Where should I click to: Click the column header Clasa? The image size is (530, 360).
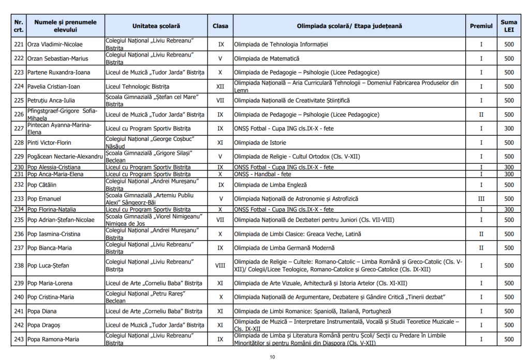[220, 26]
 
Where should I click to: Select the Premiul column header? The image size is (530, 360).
[481, 26]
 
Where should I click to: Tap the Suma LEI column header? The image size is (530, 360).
[509, 26]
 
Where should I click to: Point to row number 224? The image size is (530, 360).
[19, 87]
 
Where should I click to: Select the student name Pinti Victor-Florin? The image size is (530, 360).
[49, 142]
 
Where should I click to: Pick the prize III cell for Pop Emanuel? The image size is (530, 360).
[481, 198]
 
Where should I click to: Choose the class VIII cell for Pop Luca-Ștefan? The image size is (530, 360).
[220, 266]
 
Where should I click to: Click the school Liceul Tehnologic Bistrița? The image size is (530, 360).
[137, 87]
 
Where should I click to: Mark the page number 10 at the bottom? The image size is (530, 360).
[272, 356]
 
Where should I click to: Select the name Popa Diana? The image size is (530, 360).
[42, 311]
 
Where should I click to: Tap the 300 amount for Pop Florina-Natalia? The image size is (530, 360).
[509, 209]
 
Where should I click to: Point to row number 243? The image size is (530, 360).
[19, 339]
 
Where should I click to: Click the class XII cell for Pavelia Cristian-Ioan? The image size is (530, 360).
[220, 87]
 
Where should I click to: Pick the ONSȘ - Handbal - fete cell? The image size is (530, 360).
[262, 174]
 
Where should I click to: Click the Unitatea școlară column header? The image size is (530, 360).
[156, 26]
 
